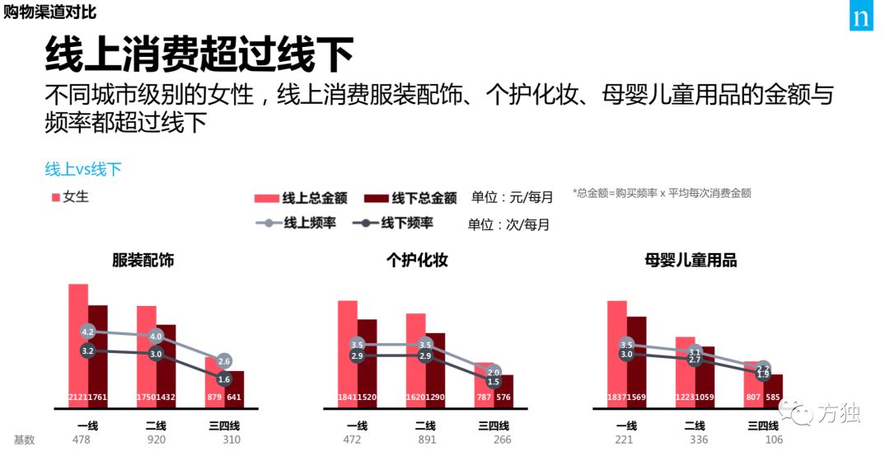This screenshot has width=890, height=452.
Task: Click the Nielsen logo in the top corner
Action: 861,16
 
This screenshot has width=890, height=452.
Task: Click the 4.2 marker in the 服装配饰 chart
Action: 88,332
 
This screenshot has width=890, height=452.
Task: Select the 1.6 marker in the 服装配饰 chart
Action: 224,379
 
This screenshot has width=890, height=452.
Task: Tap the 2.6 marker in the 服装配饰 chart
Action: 224,361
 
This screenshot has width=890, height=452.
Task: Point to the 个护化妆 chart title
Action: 417,261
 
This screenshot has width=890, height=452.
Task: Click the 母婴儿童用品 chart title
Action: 691,261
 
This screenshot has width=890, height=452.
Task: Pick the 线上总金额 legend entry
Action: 302,198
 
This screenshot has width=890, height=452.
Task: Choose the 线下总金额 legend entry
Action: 410,198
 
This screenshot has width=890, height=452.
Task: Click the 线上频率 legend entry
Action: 297,223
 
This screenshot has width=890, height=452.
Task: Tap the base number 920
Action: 157,440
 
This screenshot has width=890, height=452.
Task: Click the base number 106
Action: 762,440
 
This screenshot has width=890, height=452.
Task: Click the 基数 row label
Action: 25,440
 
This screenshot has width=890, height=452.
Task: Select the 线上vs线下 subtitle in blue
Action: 83,169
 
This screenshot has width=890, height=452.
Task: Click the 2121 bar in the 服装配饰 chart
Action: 78,346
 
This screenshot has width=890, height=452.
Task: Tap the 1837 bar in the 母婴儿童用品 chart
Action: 617,355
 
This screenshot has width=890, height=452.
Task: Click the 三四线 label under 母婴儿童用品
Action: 762,426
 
